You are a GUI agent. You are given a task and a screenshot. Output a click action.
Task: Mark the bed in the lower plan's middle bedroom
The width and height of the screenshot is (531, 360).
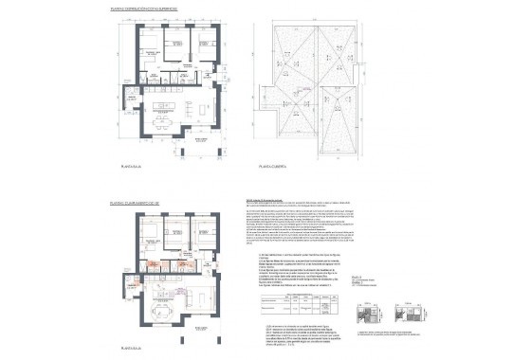point(175,230)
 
